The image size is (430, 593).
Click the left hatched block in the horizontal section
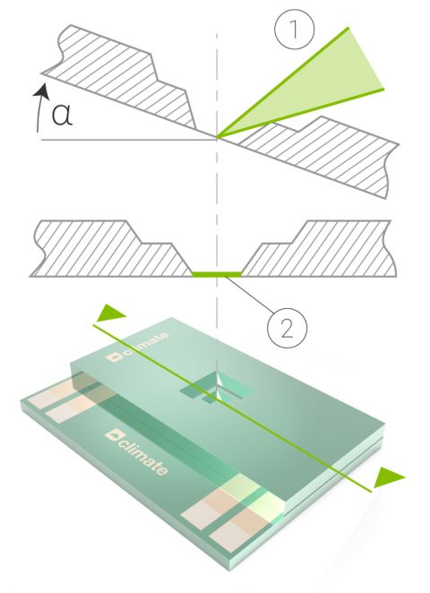(x=107, y=249)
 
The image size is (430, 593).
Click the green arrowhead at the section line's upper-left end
(x=107, y=312)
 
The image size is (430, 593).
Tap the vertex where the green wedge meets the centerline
(x=217, y=138)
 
